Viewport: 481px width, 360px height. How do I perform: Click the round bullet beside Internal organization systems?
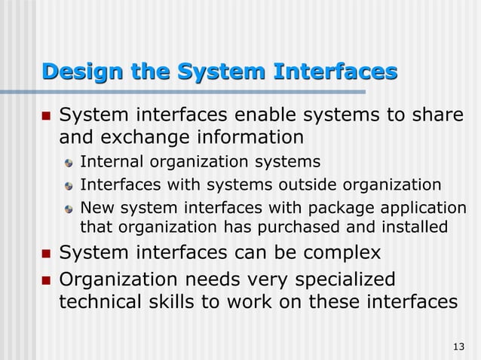coord(69,163)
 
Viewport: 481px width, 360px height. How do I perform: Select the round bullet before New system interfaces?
coord(69,208)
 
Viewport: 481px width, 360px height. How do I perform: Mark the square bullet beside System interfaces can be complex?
coord(44,253)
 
